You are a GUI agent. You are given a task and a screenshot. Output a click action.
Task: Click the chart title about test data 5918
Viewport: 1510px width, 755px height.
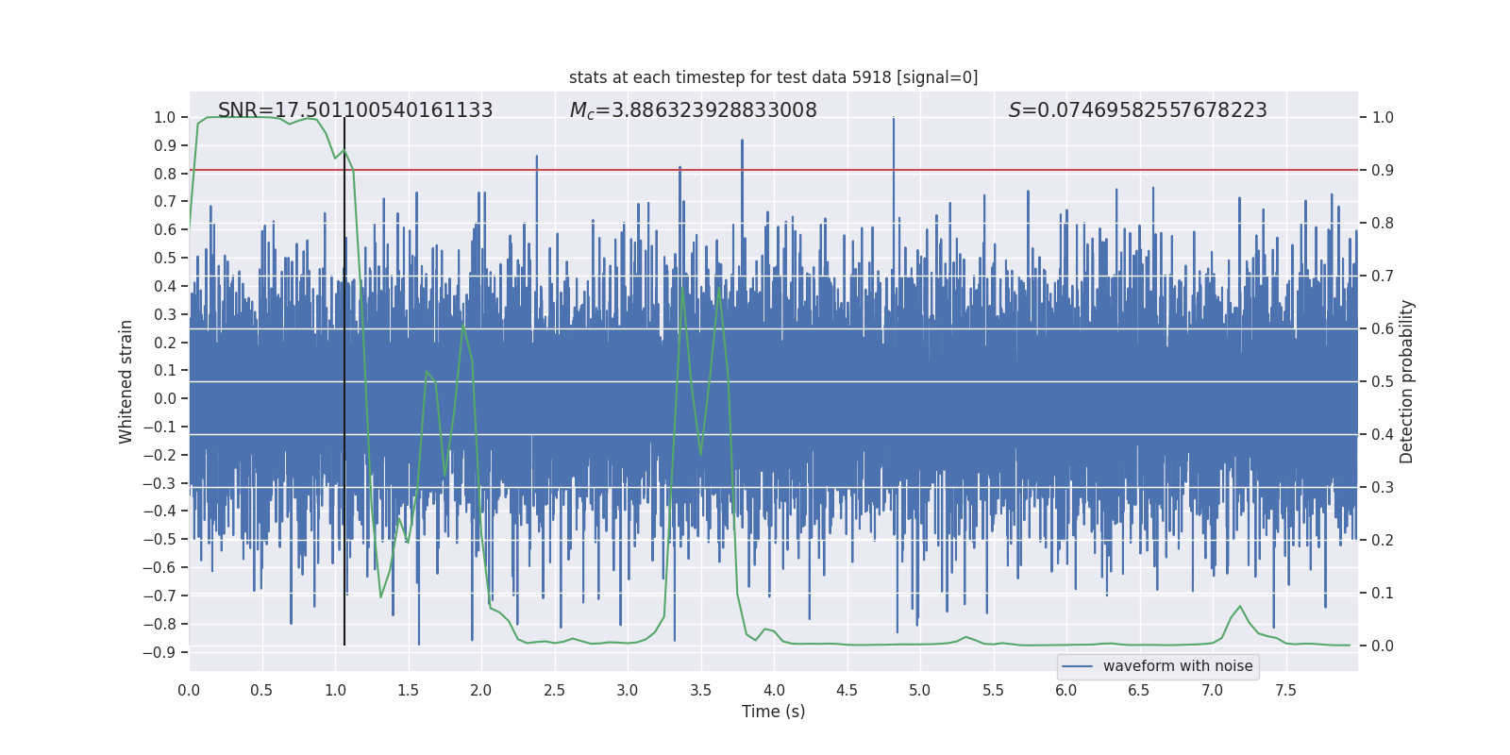point(773,77)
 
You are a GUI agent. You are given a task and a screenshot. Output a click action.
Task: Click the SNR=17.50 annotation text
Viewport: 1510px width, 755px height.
point(355,110)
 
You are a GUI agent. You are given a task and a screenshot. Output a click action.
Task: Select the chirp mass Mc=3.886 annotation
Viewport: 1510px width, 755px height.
point(693,110)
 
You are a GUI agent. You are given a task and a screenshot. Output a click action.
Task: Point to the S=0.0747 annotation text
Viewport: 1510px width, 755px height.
point(1137,110)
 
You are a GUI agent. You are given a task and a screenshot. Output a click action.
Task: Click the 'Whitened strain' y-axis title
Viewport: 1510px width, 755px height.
point(126,381)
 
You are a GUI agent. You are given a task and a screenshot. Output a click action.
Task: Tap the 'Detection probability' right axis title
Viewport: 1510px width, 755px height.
point(1406,381)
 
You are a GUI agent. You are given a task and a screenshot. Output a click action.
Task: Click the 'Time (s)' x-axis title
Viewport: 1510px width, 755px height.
point(773,712)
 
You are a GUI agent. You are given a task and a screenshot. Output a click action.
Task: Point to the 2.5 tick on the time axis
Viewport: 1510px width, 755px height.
point(554,690)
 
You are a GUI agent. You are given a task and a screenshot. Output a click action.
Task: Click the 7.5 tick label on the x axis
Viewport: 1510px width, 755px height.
point(1285,690)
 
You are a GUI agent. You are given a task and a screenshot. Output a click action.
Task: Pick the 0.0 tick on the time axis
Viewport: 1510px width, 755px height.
point(189,690)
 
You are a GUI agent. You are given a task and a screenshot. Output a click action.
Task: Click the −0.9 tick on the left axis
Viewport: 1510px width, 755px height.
point(159,652)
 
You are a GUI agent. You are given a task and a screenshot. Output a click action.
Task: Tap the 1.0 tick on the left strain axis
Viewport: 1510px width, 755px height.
point(164,118)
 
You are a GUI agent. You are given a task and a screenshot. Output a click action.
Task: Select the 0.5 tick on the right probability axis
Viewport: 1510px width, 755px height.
point(1383,382)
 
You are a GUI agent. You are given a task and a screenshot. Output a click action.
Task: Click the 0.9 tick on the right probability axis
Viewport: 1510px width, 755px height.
point(1383,171)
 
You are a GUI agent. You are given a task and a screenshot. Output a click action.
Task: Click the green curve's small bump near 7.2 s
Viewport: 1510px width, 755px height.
point(1240,607)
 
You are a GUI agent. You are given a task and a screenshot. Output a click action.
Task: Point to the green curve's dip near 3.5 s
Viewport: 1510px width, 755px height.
point(700,454)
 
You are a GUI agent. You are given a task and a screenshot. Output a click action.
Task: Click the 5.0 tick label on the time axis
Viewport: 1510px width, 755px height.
point(919,690)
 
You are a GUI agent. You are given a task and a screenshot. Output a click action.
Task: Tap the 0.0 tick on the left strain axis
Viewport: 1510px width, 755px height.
point(164,399)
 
